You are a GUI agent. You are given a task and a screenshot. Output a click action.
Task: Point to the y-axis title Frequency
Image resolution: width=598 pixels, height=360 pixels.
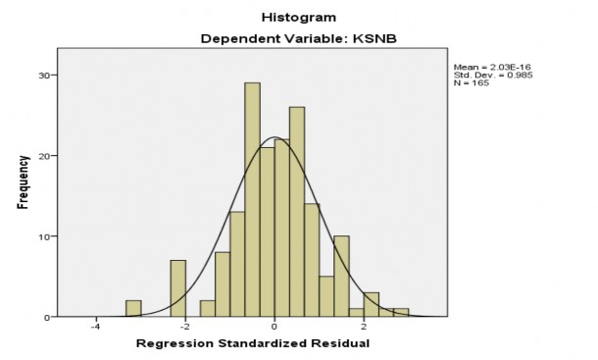point(21,186)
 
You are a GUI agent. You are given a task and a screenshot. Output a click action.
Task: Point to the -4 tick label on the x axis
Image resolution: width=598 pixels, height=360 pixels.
point(94,327)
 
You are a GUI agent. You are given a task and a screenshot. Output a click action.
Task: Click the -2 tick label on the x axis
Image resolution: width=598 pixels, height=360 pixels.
point(183,327)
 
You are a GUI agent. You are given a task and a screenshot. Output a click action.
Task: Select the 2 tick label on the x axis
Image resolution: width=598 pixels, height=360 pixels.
point(364,327)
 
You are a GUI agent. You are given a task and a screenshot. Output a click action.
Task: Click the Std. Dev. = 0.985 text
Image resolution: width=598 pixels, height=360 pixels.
point(492,76)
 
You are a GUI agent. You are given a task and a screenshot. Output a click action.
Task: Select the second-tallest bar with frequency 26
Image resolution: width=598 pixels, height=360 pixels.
point(297,212)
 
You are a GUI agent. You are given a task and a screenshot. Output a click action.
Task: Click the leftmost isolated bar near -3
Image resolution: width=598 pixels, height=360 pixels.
point(133,309)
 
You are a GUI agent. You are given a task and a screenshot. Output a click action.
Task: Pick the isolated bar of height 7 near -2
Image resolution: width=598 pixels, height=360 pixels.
point(177,288)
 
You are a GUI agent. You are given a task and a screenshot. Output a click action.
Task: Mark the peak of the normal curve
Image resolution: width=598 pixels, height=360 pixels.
point(274,137)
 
